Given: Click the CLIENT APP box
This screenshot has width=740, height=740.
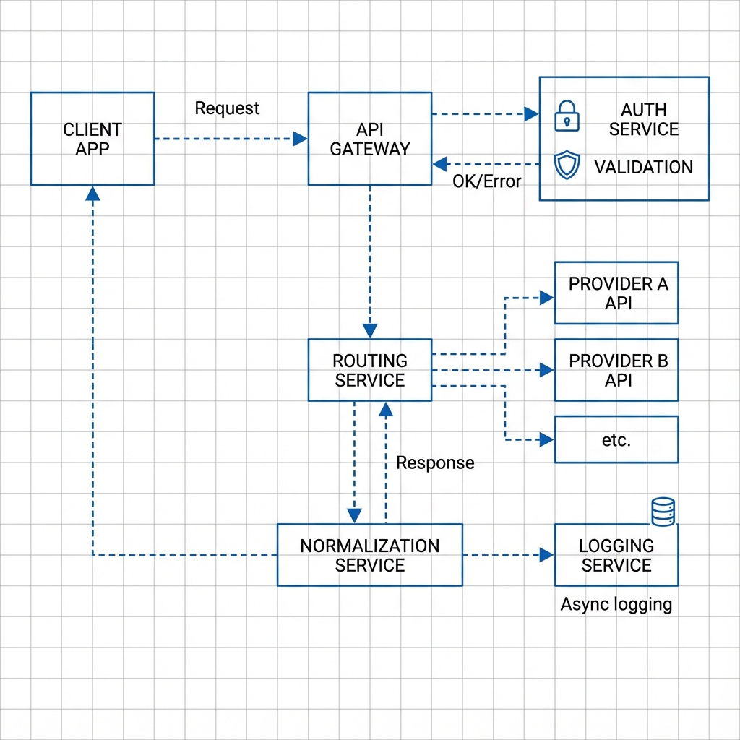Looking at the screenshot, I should [92, 139].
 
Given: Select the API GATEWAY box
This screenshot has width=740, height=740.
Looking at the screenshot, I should [369, 139].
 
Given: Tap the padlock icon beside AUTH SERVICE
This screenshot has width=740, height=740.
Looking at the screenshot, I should [567, 116].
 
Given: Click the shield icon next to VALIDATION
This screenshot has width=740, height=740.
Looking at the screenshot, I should [567, 165].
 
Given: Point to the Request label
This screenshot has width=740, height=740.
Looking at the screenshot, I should [227, 108].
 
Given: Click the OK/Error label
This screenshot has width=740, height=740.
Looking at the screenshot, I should [486, 181].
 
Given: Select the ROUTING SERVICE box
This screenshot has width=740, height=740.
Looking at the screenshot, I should [369, 370].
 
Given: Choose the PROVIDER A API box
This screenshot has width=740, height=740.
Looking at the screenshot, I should [616, 293].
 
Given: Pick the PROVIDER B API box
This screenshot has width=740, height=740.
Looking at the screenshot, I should [616, 370].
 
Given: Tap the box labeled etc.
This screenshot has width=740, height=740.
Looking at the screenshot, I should [616, 439].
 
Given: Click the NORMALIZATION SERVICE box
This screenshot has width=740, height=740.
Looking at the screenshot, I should [369, 555].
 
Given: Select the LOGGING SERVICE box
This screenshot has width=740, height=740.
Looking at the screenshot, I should [616, 555].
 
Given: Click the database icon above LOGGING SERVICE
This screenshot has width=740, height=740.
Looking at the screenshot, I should [663, 512].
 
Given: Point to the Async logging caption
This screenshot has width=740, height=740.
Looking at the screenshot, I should [616, 604].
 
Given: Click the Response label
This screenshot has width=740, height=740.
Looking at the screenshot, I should [435, 462].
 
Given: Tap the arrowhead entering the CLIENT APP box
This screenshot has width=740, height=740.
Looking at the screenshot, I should [92, 193].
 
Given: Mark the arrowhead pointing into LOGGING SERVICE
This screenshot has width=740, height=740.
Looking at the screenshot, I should [547, 555].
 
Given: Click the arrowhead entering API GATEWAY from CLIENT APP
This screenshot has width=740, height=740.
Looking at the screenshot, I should [300, 139].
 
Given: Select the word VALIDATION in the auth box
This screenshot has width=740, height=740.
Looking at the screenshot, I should [643, 167].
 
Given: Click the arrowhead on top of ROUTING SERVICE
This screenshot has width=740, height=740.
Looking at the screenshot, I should [370, 331].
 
